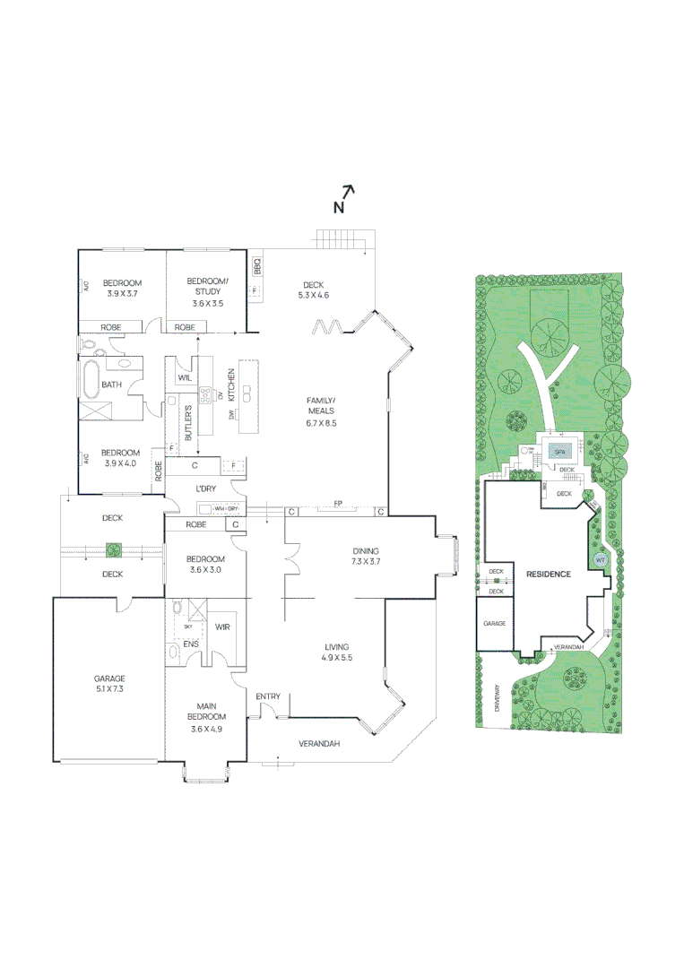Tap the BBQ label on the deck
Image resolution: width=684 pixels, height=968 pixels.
(256, 266)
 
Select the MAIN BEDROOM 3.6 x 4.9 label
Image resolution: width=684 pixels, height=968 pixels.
(206, 722)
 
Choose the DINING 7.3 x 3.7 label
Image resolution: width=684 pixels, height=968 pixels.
(366, 557)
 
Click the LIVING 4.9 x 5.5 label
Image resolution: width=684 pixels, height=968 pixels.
(337, 652)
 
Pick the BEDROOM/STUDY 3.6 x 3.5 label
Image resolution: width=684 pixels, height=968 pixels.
(207, 292)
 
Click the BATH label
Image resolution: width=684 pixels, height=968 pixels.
(112, 385)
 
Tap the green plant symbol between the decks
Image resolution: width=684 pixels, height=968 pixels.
(112, 549)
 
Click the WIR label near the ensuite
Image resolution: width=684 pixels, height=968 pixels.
(222, 627)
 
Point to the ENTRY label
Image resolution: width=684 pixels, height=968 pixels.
(267, 696)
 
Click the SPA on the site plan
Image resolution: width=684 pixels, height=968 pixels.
(558, 451)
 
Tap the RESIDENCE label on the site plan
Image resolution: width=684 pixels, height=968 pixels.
(548, 574)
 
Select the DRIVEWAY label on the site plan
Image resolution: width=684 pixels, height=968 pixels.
(496, 698)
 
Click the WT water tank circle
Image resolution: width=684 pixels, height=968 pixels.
(600, 560)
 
